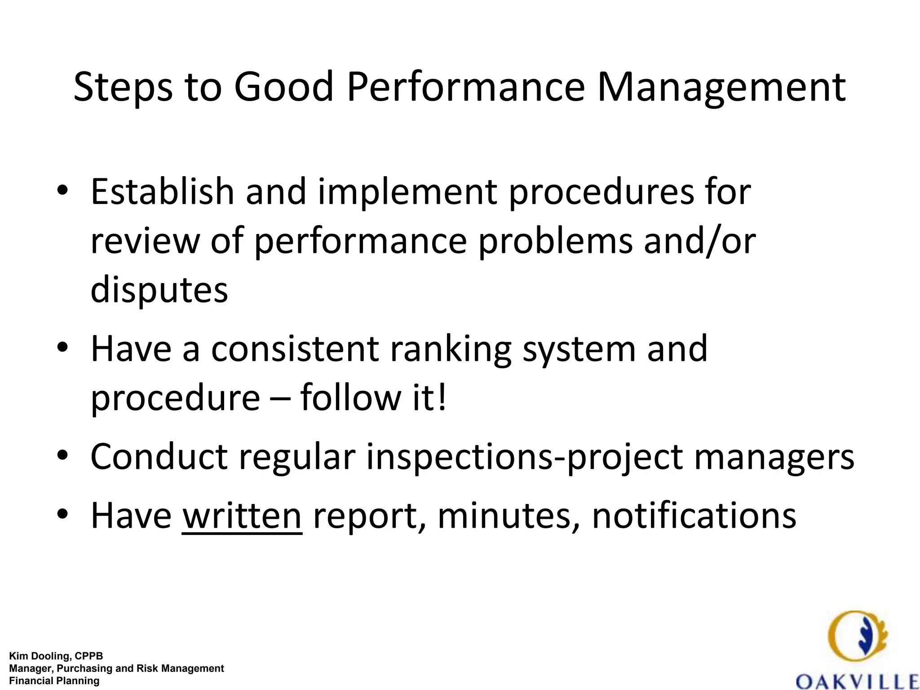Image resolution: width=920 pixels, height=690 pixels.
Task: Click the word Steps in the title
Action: point(123,87)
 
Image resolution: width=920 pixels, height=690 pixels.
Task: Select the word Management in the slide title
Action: point(721,87)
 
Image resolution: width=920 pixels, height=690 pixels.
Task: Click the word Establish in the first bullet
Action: point(162,192)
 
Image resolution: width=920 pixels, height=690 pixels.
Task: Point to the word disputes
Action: point(159,290)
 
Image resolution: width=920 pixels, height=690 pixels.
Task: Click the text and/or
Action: point(699,241)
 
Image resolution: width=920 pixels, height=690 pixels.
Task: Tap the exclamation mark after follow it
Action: point(442,398)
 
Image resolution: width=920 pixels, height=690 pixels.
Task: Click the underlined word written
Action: point(242,516)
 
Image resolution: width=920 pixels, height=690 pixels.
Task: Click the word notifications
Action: point(694,516)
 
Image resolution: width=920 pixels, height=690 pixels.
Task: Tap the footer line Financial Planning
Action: point(54,681)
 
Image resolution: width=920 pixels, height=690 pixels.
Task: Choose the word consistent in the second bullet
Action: point(295,349)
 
